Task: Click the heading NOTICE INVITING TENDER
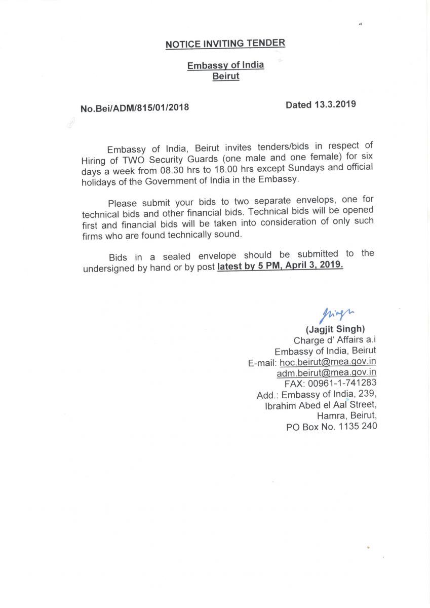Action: pyautogui.click(x=225, y=44)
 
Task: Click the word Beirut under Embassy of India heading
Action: pyautogui.click(x=225, y=77)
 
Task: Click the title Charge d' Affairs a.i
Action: pyautogui.click(x=335, y=340)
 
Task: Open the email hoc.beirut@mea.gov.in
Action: pyautogui.click(x=328, y=362)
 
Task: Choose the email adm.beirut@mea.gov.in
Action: pyautogui.click(x=326, y=373)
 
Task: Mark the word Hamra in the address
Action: pyautogui.click(x=330, y=416)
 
